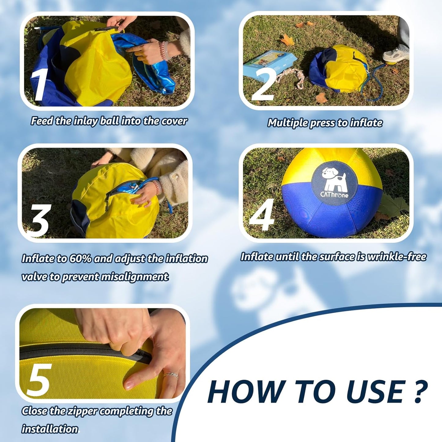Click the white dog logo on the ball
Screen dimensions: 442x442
click(x=333, y=180)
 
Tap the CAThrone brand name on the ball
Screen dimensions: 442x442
click(x=334, y=195)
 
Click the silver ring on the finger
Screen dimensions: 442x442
click(x=170, y=375)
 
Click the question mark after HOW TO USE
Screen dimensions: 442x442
click(x=421, y=391)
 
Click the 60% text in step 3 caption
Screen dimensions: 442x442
click(x=80, y=259)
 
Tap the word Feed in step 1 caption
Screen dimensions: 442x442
click(x=42, y=121)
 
